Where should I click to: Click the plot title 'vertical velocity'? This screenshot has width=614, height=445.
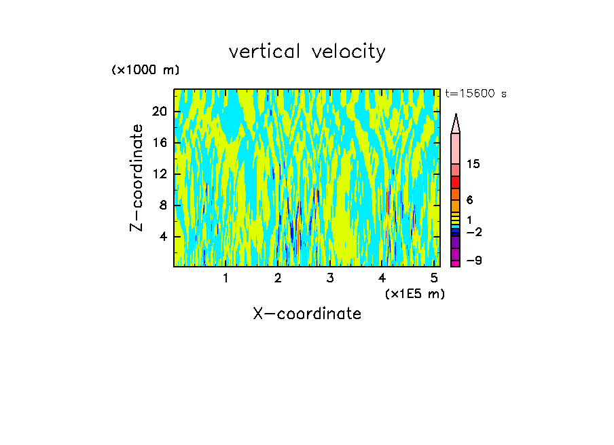point(307,52)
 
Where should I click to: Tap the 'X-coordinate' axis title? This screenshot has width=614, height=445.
point(307,314)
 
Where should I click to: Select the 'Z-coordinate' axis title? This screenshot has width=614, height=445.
point(137,178)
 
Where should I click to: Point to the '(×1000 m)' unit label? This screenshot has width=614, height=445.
point(145,70)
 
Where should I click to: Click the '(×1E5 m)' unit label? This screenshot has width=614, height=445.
point(415,294)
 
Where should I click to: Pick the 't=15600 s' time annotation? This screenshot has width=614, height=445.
point(475,94)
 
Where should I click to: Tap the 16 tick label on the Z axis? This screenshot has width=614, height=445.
point(159,142)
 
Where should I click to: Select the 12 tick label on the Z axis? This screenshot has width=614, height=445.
point(159,174)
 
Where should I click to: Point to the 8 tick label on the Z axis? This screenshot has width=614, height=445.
point(162,205)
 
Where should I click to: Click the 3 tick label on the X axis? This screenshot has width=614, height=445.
point(329,278)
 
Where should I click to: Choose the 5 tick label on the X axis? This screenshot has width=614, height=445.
point(433,278)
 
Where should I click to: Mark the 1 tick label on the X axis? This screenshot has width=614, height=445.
point(225,278)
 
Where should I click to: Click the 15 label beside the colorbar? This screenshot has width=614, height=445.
point(474,164)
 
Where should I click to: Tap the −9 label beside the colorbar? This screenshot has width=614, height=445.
point(473,261)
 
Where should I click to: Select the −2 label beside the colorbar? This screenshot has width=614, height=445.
point(473,232)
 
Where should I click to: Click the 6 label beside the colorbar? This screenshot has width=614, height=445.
point(470,200)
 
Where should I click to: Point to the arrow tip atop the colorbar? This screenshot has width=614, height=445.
point(456,118)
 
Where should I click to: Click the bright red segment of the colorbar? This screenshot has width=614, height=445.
point(456,182)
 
